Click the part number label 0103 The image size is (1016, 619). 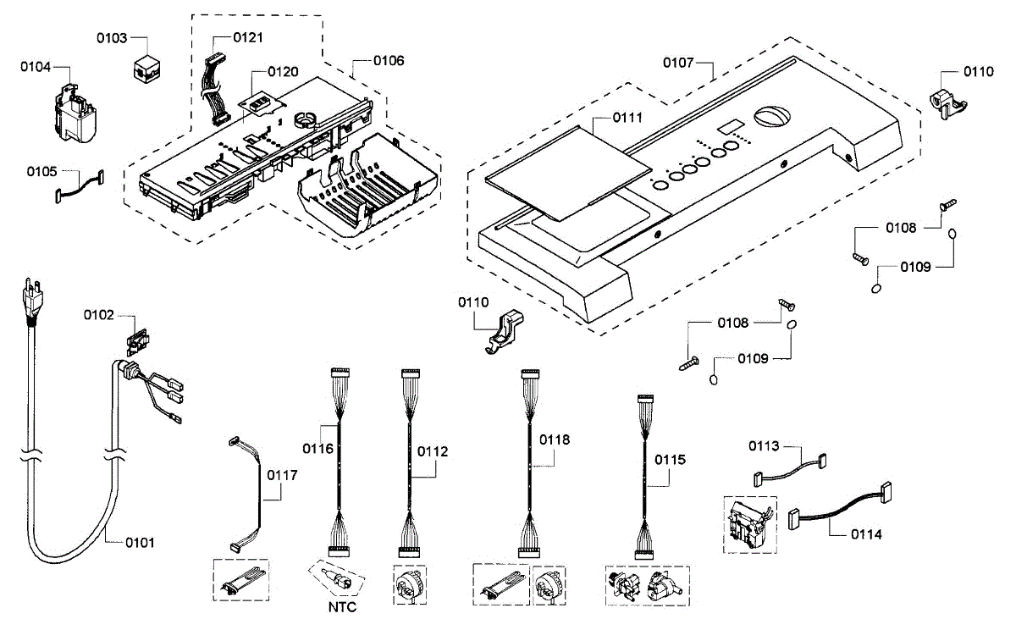coord(112,38)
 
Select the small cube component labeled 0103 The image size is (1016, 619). coord(146,69)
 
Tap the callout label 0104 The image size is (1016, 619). coord(36,67)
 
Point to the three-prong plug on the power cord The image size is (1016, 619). coord(33,298)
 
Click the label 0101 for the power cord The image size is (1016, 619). coord(141,542)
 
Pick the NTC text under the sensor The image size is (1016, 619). coord(342,607)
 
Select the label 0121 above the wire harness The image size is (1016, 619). coord(248,37)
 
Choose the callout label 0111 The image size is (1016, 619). coord(627,118)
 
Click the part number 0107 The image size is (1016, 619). coord(678,63)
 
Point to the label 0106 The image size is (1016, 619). coord(389,61)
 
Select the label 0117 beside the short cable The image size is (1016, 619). coord(282,475)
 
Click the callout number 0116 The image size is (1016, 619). coord(318,449)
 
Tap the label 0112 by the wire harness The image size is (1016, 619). coord(433,451)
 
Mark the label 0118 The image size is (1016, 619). coord(555,439)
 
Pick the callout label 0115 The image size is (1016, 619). coord(670,460)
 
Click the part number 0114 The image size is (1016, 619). coord(866,534)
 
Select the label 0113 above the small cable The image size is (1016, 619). coord(764,446)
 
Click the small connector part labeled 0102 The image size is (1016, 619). coord(138,341)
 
